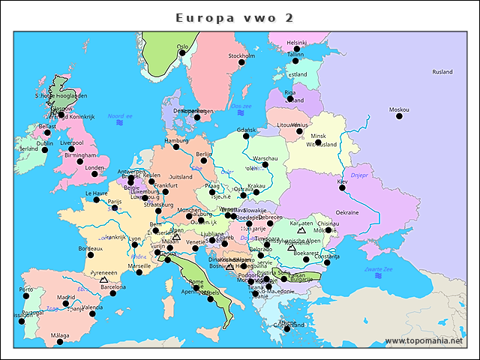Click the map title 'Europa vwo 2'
[x=234, y=17]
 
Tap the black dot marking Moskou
[x=399, y=116]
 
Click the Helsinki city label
[x=297, y=43]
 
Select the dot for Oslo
[x=182, y=52]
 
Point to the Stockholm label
[x=241, y=55]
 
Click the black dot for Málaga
[x=59, y=343]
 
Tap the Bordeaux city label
[x=90, y=248]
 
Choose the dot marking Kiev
[x=342, y=187]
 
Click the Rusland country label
[x=442, y=72]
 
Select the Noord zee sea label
[x=120, y=116]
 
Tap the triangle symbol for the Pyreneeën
[x=103, y=280]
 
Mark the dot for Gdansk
[x=246, y=136]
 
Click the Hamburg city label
[x=176, y=140]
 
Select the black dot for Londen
[x=94, y=174]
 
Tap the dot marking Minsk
[x=318, y=142]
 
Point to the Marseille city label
[x=139, y=265]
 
